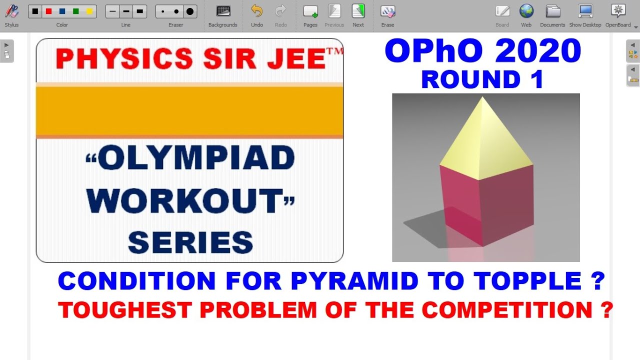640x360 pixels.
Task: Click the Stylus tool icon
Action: coord(11,11)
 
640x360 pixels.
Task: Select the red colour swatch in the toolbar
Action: coord(48,11)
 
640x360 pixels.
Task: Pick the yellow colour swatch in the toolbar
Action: coord(89,11)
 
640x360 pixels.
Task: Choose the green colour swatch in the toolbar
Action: coord(76,11)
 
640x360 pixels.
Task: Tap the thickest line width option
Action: coord(139,11)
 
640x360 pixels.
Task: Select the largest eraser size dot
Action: coord(190,11)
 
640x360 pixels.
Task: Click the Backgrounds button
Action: coord(223,11)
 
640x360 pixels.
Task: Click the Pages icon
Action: coord(310,11)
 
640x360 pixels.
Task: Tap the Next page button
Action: coord(358,11)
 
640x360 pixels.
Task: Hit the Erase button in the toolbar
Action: coord(387,11)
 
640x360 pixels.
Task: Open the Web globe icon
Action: coord(526,11)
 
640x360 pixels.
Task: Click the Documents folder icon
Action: coord(552,11)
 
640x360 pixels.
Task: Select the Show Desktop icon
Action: coord(585,11)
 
